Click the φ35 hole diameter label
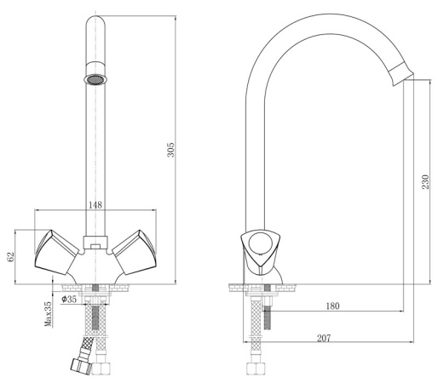69,300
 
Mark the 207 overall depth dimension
323,338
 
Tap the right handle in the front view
135,251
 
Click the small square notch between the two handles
95,248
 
